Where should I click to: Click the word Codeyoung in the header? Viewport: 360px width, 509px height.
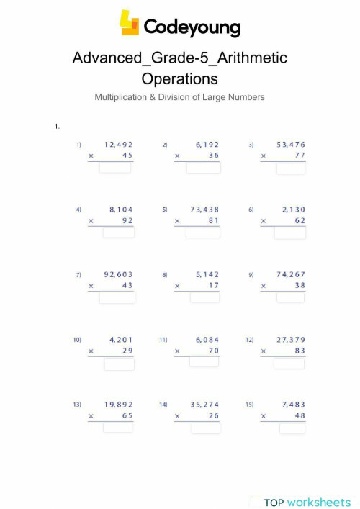pos(192,27)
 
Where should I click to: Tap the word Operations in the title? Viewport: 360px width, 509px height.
pos(179,78)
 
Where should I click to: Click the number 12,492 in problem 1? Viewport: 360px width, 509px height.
pos(119,144)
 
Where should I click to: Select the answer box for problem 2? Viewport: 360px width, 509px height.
pos(203,168)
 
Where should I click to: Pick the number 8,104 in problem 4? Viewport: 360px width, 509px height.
pos(121,210)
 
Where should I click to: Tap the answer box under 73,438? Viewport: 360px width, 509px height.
pos(203,233)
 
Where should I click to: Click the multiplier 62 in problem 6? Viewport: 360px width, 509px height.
pos(298,220)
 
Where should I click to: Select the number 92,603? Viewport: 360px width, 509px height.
pos(119,274)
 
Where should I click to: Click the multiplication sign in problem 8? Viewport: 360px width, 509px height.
pos(177,286)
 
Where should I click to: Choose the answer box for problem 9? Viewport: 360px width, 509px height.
pos(290,298)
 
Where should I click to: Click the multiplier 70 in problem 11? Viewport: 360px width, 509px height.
pos(212,351)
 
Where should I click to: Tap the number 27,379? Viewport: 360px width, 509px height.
pos(290,339)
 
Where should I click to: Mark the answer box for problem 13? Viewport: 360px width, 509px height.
pos(117,428)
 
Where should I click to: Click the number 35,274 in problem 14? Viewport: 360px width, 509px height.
pos(204,405)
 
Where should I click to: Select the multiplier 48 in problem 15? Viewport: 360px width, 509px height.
pos(298,415)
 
